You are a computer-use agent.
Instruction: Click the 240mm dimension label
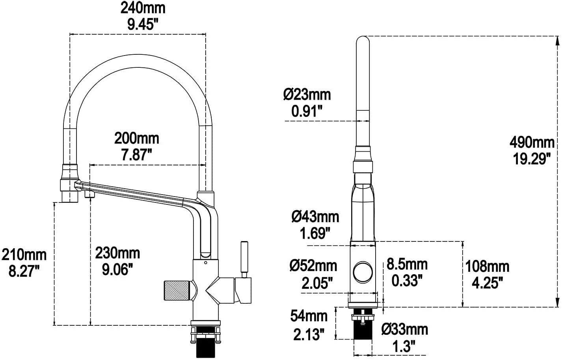pyautogui.click(x=143, y=9)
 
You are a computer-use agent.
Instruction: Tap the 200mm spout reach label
pyautogui.click(x=137, y=138)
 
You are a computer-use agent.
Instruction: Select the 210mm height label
pyautogui.click(x=24, y=255)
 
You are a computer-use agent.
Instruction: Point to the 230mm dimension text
pyautogui.click(x=117, y=253)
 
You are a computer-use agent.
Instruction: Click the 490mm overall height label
pyautogui.click(x=532, y=143)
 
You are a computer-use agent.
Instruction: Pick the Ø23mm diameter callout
pyautogui.click(x=307, y=95)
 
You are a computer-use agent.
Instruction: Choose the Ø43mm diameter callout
pyautogui.click(x=315, y=217)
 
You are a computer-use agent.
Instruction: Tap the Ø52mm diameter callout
pyautogui.click(x=313, y=266)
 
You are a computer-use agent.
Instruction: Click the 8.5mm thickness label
pyautogui.click(x=407, y=264)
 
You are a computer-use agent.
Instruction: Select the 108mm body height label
pyautogui.click(x=487, y=267)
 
